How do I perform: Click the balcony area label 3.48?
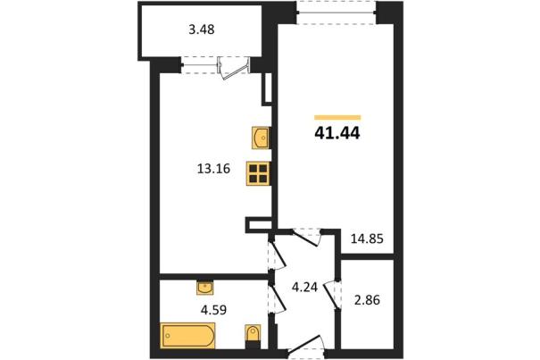click(202, 29)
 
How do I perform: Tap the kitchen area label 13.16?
click(213, 169)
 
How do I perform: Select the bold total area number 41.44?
click(337, 133)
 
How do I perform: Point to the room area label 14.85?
click(367, 239)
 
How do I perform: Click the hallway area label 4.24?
click(304, 287)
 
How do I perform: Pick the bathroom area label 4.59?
click(213, 309)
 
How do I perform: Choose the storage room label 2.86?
click(367, 300)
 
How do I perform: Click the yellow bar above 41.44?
click(337, 118)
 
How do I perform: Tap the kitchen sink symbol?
click(260, 138)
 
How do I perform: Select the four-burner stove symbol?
click(258, 174)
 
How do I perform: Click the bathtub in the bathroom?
click(187, 336)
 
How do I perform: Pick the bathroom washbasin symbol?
click(205, 288)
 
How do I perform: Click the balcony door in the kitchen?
click(233, 68)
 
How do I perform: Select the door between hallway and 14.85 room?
click(306, 238)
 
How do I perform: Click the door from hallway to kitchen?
click(277, 254)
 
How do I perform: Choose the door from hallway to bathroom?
click(277, 297)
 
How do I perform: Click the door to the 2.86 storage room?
click(333, 294)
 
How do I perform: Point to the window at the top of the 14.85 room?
click(336, 13)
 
